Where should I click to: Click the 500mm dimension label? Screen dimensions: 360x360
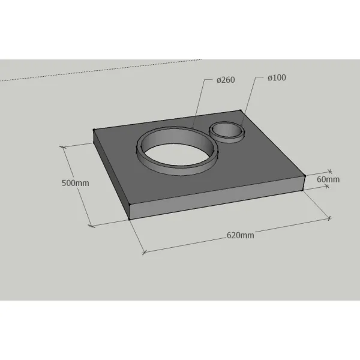tap(76, 183)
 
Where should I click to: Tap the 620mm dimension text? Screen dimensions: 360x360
tap(241, 235)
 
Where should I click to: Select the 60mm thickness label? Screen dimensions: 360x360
tap(328, 179)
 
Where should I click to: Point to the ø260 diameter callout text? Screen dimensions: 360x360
tap(226, 80)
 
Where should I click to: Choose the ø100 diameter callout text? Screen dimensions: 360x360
tap(277, 77)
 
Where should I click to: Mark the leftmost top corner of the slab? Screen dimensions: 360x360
tap(94, 130)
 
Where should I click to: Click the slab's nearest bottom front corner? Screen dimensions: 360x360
tap(130, 219)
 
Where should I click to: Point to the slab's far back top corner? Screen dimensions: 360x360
tap(241, 110)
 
